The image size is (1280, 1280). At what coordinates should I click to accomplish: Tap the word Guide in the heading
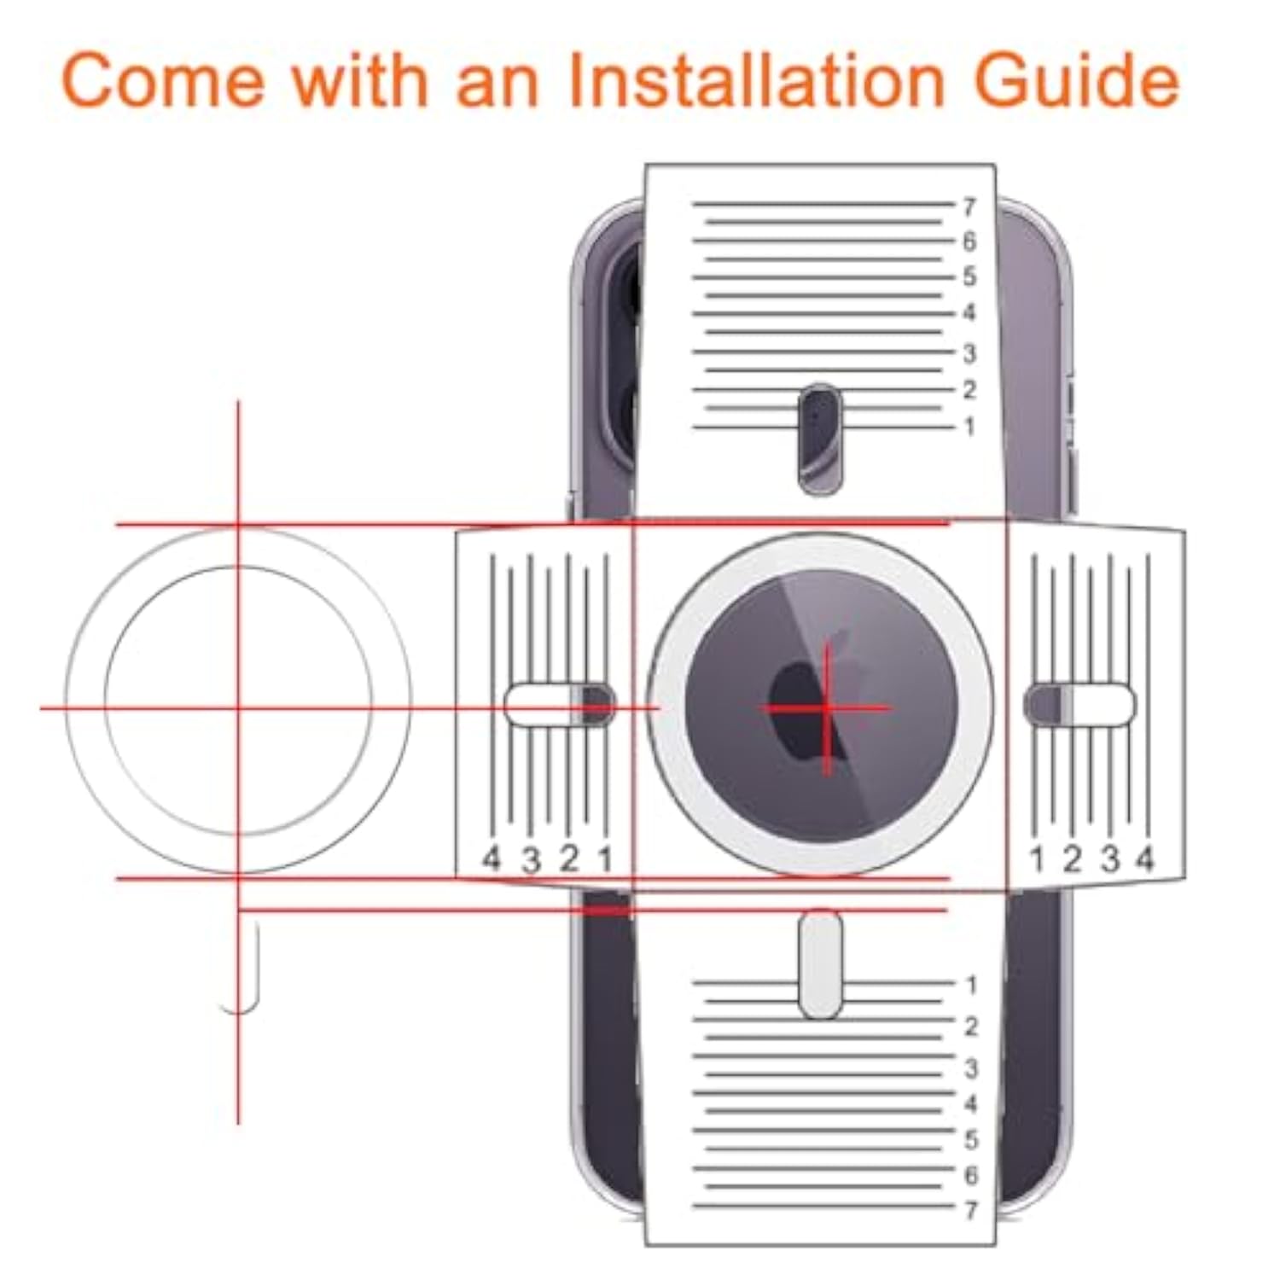pyautogui.click(x=1078, y=80)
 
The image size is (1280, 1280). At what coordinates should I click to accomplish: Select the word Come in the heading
pyautogui.click(x=163, y=80)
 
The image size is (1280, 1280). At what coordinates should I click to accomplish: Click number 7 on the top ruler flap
pyautogui.click(x=969, y=207)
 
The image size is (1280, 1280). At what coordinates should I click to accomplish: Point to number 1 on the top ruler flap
pyautogui.click(x=969, y=426)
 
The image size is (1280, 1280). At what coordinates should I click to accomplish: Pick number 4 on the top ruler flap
pyautogui.click(x=969, y=313)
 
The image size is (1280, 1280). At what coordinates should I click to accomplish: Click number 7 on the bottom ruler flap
pyautogui.click(x=970, y=1210)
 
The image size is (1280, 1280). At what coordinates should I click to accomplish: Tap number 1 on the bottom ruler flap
pyautogui.click(x=970, y=986)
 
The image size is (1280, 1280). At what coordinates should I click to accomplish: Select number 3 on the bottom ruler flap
pyautogui.click(x=970, y=1068)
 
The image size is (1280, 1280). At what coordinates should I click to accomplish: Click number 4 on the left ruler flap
pyautogui.click(x=491, y=858)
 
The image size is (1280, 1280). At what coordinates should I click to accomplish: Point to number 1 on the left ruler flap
pyautogui.click(x=605, y=858)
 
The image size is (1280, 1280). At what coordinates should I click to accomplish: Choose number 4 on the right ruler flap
pyautogui.click(x=1145, y=858)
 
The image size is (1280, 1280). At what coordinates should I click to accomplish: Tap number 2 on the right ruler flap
pyautogui.click(x=1073, y=858)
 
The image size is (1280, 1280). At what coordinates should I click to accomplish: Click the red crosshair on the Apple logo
pyautogui.click(x=826, y=707)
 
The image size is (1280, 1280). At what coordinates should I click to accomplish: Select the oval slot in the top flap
pyautogui.click(x=819, y=439)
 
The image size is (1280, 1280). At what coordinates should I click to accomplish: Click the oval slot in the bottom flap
pyautogui.click(x=820, y=963)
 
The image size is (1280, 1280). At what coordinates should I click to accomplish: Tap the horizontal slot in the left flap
pyautogui.click(x=559, y=705)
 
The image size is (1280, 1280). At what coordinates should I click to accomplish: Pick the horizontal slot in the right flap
pyautogui.click(x=1079, y=705)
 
